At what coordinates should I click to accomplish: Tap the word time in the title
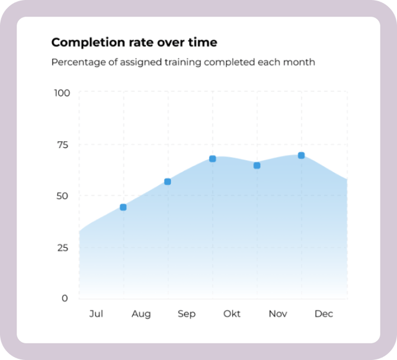203,43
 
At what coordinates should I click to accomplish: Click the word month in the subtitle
300,62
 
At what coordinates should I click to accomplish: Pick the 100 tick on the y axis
62,93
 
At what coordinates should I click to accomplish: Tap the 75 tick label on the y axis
62,144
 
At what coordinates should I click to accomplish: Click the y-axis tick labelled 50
62,196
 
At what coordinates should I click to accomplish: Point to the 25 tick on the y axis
62,247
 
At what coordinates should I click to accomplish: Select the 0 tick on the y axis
65,298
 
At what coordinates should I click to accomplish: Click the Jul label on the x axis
96,314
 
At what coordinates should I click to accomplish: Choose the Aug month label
141,314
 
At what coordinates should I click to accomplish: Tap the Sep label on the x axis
187,314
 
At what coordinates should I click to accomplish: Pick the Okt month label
232,314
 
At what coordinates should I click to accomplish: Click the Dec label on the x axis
324,314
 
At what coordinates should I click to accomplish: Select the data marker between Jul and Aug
123,207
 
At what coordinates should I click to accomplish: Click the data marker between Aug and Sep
168,181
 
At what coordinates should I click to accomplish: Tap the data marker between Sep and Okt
212,159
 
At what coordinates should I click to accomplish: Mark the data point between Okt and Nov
257,165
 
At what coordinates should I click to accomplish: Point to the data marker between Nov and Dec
301,155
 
